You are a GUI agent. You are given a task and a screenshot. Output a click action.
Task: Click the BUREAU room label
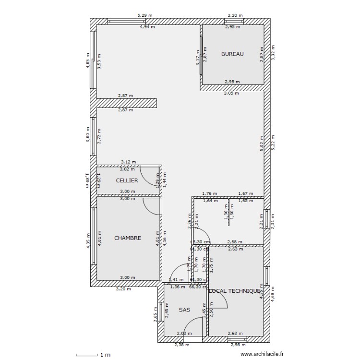[x=232, y=54]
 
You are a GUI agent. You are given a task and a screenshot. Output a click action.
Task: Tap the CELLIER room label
[x=127, y=180]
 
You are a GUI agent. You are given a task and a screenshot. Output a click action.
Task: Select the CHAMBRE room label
[x=127, y=238]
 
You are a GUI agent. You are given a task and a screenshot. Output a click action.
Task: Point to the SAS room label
[x=184, y=310]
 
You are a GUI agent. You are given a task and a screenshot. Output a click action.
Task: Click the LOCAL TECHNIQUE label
[x=235, y=291]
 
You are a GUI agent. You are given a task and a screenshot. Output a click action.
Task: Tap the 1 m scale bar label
[x=105, y=355]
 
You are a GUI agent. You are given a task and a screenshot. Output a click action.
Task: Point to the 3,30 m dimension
[x=235, y=15]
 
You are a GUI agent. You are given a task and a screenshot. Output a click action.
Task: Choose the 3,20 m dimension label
[x=124, y=289]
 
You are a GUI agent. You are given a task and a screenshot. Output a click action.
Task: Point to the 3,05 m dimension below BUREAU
[x=231, y=93]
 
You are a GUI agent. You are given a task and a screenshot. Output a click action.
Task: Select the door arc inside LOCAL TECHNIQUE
[x=220, y=300]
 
